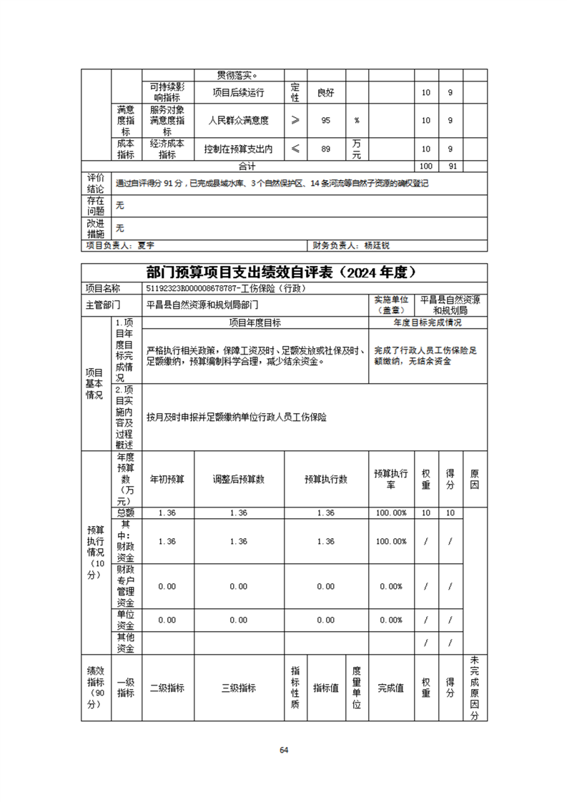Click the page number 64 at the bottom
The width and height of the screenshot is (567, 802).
coord(283,750)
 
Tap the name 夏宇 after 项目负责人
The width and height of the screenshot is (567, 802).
coord(146,245)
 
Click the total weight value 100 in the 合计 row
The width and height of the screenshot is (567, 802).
coord(426,166)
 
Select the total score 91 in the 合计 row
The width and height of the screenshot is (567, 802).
coord(450,166)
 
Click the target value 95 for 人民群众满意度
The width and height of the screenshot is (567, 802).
coord(325,121)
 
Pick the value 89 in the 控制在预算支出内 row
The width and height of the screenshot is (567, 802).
coord(325,149)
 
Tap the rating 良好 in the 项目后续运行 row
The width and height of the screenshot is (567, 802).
coord(325,93)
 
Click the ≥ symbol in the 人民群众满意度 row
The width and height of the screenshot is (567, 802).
coord(295,121)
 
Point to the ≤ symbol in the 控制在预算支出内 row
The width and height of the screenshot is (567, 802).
coord(295,149)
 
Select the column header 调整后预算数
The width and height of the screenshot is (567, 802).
coord(239,480)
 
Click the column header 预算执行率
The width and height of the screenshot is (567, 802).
coord(390,480)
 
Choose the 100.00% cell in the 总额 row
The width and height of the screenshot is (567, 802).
coord(390,513)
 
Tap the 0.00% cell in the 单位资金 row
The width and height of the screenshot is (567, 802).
coord(390,620)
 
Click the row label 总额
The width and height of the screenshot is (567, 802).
coord(125,513)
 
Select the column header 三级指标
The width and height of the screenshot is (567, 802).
coord(239,688)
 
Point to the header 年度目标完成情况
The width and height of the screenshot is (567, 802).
coord(428,322)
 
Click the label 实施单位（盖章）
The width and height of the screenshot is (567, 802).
coord(390,304)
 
